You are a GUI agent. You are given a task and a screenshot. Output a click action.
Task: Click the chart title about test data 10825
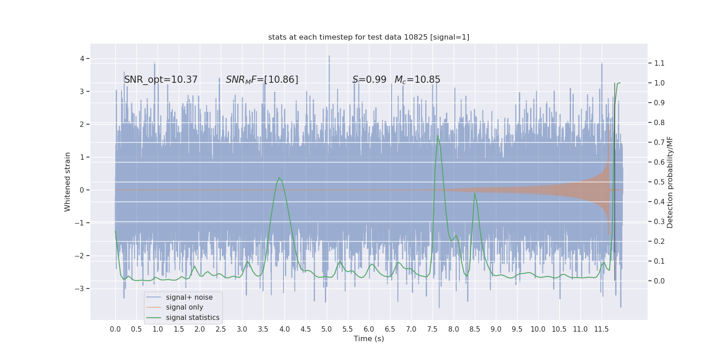click(369, 37)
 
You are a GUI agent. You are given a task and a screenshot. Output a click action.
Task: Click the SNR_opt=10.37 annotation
click(161, 80)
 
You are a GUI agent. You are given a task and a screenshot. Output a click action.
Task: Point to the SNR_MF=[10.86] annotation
click(262, 80)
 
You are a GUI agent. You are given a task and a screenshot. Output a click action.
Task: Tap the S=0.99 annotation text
click(369, 80)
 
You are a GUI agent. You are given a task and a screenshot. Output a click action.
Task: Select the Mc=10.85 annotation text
click(417, 80)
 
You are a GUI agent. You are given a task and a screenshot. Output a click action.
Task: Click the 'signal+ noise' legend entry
click(189, 297)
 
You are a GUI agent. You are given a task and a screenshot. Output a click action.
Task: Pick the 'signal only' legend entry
click(184, 307)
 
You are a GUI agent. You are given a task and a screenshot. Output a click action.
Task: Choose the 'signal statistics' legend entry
click(193, 318)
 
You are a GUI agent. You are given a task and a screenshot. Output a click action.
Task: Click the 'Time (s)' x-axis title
click(369, 338)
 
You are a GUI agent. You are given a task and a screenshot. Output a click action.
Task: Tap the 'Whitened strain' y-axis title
click(67, 182)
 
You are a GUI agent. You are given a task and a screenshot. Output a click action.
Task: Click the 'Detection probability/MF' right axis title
click(670, 182)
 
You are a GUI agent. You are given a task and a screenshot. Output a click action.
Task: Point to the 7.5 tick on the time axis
click(432, 329)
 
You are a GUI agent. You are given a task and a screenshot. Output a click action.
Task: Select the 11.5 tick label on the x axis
click(601, 329)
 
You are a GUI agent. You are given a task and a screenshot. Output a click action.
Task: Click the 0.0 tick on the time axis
click(115, 329)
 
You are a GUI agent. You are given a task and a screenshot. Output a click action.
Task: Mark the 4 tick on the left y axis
click(82, 58)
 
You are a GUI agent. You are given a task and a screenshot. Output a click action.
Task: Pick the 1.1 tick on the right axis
click(659, 63)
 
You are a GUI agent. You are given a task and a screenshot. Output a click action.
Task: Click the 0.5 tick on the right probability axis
click(659, 182)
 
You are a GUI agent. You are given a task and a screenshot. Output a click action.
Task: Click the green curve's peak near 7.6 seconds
click(438, 135)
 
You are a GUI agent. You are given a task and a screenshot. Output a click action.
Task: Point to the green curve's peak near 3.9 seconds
click(279, 178)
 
